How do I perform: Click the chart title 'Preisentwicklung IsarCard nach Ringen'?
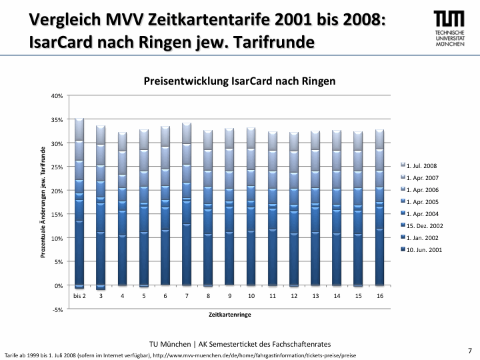point(239,81)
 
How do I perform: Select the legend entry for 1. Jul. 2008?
point(421,165)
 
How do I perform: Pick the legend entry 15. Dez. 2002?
point(423,225)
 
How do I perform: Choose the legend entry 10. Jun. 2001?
point(423,250)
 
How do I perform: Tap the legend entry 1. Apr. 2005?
point(423,201)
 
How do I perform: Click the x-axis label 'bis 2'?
point(79,295)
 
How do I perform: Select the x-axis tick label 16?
point(379,295)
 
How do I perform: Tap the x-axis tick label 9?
point(229,295)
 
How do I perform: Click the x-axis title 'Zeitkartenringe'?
point(229,313)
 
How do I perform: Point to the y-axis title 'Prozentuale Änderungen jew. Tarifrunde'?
point(43,203)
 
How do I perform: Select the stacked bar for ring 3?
point(101,207)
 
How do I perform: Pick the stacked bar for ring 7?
point(187,204)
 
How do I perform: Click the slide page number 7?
point(469,350)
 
